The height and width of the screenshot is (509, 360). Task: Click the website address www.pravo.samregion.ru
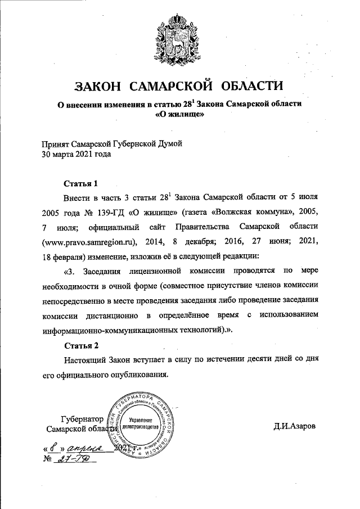90,242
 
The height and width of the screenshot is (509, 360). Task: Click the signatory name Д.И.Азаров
295,426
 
